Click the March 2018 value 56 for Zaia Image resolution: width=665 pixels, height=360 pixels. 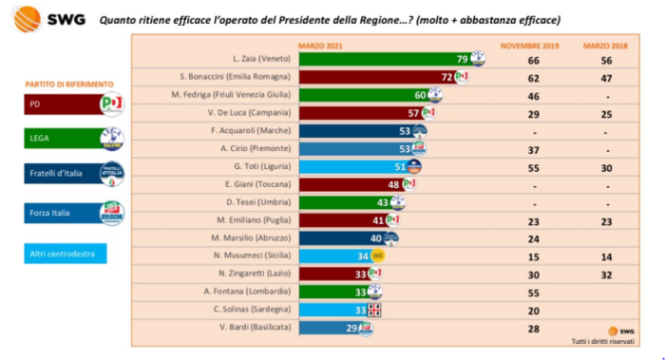pos(604,59)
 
